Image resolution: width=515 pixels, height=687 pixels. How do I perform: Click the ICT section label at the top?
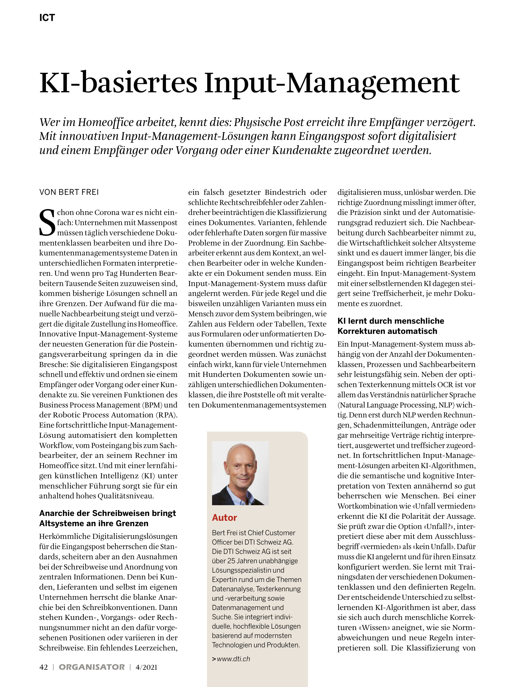coord(47,18)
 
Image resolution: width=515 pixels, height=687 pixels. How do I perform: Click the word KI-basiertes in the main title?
coord(118,83)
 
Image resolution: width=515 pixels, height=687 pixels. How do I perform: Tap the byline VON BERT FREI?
coord(69,192)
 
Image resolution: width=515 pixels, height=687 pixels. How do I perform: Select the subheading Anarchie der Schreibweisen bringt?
coord(107,513)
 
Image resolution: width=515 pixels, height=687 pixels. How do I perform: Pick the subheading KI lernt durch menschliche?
coord(390,321)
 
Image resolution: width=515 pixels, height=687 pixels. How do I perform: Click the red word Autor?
coord(224,518)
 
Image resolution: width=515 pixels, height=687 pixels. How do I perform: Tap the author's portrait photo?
coord(240,473)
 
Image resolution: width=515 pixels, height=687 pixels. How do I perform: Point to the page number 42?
coord(44,667)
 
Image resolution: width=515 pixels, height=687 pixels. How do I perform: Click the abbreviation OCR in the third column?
coord(446,385)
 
